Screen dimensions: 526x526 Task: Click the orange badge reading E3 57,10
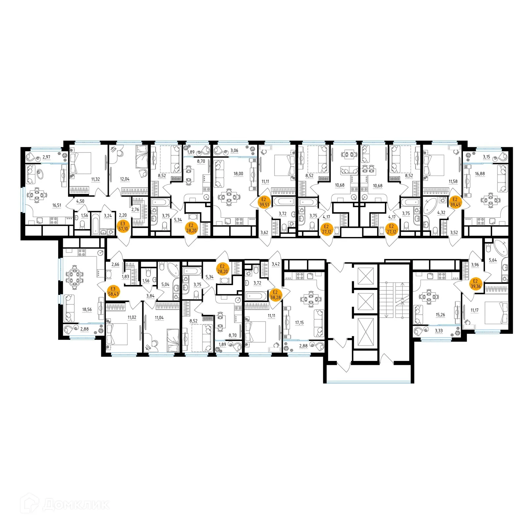[123, 226]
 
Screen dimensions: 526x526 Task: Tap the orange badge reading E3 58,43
[113, 291]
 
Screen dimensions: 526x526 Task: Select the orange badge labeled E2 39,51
[264, 202]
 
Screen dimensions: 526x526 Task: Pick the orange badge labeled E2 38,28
[275, 295]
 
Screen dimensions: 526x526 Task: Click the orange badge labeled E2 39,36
[475, 284]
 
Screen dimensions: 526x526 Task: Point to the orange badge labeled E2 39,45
[455, 202]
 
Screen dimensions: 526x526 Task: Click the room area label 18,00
[238, 174]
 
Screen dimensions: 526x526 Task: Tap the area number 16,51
[57, 205]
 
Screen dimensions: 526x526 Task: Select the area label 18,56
[87, 309]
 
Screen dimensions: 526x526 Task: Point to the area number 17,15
[299, 323]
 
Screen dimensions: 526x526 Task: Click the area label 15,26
[440, 315]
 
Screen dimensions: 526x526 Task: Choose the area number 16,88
[480, 174]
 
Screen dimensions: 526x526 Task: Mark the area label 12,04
[125, 179]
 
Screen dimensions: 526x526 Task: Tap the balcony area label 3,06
[234, 151]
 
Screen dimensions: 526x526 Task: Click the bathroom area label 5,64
[493, 260]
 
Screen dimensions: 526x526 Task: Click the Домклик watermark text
[76, 505]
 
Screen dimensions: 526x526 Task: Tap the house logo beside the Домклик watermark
[29, 503]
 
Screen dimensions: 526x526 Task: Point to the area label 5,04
[165, 284]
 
